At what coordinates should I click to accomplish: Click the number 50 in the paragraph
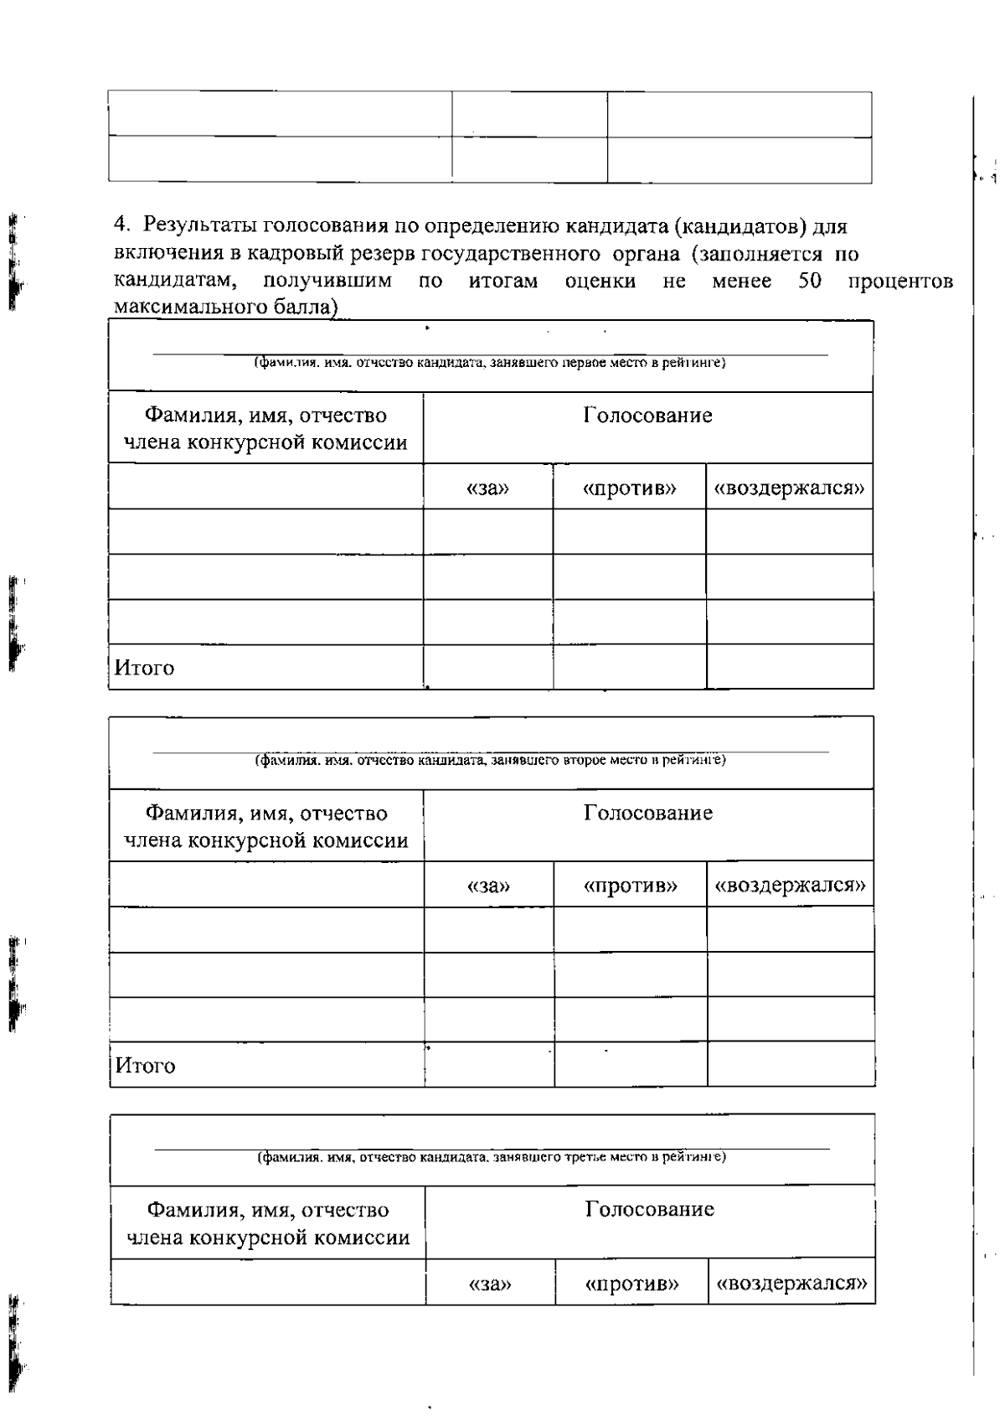coord(809,282)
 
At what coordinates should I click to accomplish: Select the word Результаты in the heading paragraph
coord(200,226)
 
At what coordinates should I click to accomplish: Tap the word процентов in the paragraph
coord(900,282)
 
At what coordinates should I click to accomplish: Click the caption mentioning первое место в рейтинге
coord(490,363)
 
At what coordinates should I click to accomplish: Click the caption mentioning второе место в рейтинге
coord(490,760)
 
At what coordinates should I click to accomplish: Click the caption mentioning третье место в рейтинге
coord(491,1157)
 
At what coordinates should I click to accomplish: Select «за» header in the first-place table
coord(487,488)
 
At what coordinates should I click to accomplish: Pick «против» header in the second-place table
coord(630,886)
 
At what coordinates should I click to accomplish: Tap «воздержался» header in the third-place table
coord(791,1284)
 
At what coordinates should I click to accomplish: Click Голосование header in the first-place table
coord(647,416)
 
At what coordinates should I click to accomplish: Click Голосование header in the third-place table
coord(649,1209)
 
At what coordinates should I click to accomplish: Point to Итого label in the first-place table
coord(144,668)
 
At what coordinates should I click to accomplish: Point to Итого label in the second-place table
coord(145,1066)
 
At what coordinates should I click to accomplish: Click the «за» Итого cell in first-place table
coord(487,667)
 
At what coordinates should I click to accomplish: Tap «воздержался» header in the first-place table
coord(789,488)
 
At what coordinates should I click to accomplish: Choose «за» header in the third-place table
coord(490,1284)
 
